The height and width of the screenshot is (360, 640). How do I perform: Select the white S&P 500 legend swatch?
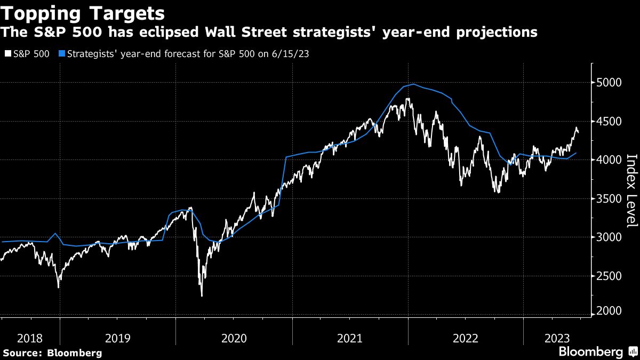(x=7, y=54)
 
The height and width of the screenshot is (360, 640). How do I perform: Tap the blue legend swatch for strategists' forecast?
(x=62, y=54)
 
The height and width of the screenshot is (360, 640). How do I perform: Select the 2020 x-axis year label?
(x=234, y=338)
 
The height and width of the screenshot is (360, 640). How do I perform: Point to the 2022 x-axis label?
(x=465, y=338)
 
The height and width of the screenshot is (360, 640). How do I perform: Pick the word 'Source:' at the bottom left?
(x=22, y=353)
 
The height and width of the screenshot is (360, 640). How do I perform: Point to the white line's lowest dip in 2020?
(x=202, y=295)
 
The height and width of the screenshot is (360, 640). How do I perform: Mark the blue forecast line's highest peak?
(x=413, y=84)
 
